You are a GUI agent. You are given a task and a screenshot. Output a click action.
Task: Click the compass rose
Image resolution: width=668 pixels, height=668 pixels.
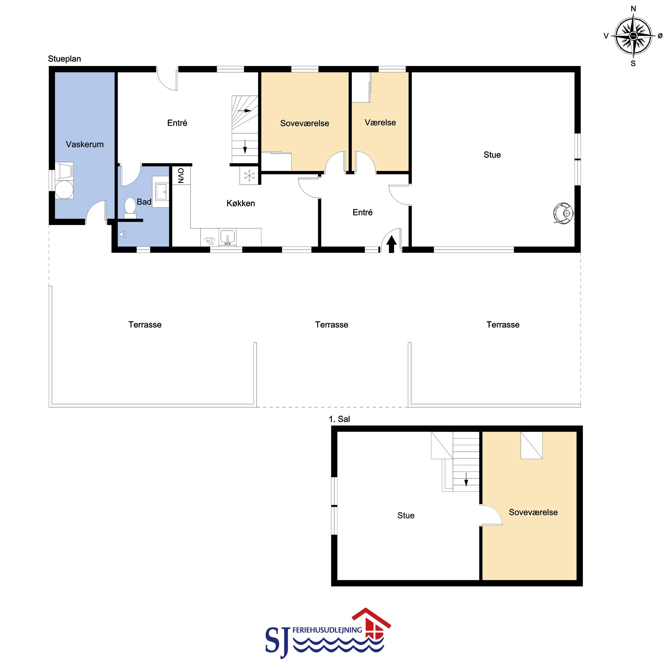pos(633,36)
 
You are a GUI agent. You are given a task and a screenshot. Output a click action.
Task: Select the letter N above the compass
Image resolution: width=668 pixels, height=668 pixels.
pos(633,9)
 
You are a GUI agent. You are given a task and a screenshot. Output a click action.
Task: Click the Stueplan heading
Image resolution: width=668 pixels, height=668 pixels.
pos(64,59)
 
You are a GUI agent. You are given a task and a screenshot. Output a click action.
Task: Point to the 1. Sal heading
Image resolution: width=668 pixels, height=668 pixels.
pos(339,419)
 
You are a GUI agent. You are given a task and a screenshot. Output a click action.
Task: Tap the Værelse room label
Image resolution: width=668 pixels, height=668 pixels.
pos(380,122)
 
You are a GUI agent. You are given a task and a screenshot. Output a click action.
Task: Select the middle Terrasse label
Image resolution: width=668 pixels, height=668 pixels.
pos(332,325)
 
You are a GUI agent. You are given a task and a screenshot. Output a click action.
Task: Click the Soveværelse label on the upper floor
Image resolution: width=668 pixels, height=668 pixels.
pos(533,512)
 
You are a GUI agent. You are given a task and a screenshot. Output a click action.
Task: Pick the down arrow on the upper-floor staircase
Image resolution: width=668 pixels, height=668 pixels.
pos(466,479)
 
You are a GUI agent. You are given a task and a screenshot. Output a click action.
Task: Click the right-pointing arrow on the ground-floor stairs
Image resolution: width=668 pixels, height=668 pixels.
pos(244,111)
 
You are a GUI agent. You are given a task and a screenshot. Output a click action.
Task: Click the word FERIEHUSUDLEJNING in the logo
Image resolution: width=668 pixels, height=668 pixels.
pos(327,630)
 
